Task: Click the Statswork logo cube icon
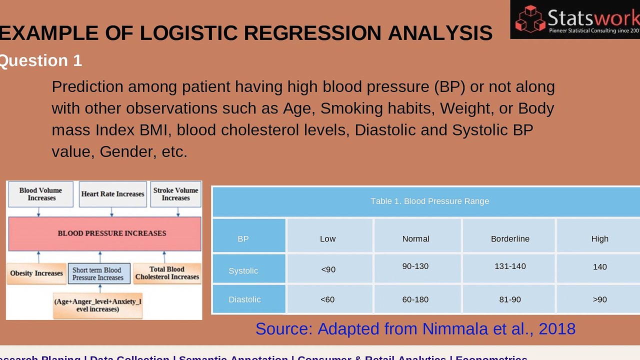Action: click(530, 18)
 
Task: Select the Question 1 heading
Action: click(40, 60)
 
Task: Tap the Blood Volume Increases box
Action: click(40, 194)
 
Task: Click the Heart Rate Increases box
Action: click(112, 194)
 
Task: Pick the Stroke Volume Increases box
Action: click(175, 194)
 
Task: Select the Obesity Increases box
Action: click(36, 273)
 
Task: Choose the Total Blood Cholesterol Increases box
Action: click(167, 273)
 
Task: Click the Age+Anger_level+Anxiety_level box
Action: click(97, 305)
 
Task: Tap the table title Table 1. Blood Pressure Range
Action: click(429, 201)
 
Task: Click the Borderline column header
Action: click(509, 238)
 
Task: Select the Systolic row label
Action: click(243, 270)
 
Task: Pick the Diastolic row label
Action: click(244, 299)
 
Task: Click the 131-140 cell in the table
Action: click(509, 266)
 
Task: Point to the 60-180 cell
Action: click(415, 299)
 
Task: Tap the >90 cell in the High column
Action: click(599, 299)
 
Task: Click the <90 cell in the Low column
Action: click(328, 269)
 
